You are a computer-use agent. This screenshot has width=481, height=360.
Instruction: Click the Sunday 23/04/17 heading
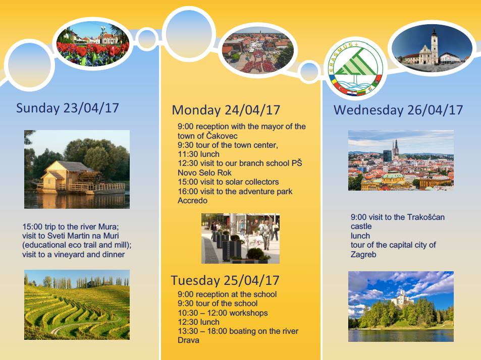[x=68, y=108]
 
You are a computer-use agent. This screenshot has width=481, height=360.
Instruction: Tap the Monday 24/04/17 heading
[x=226, y=110]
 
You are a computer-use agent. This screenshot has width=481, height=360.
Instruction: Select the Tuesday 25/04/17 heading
[x=225, y=280]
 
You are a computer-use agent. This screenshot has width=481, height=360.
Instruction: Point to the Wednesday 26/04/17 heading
[x=398, y=110]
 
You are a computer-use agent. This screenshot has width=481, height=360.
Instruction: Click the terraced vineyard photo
[x=77, y=305]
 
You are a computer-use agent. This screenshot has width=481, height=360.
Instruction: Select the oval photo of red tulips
[x=93, y=44]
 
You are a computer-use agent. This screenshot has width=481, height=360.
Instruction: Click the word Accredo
[x=193, y=201]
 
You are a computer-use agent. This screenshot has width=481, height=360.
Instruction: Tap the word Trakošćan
[x=425, y=217]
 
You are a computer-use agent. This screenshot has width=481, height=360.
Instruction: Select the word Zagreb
[x=363, y=255]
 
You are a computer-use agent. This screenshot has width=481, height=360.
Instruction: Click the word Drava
[x=188, y=340]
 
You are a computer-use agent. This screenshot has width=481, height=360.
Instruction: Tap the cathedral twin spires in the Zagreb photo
[x=395, y=148]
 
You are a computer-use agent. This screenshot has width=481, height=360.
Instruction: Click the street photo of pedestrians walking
[x=240, y=238]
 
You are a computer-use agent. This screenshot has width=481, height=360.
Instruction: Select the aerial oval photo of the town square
[x=258, y=51]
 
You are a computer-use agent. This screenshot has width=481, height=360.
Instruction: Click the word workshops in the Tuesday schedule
[x=248, y=313]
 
